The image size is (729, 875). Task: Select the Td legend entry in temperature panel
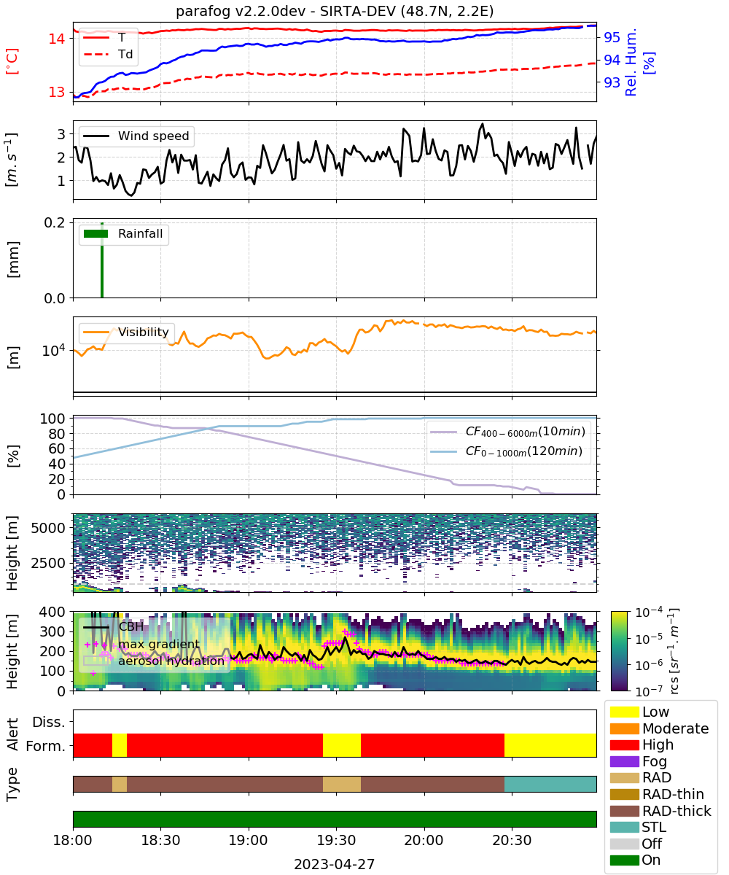108,55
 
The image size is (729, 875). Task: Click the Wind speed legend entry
136,136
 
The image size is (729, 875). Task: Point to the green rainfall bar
102,260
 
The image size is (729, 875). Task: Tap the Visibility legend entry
125,332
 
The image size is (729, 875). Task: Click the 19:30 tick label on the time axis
336,841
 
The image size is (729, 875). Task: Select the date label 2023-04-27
335,864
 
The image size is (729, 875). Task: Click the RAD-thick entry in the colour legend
660,811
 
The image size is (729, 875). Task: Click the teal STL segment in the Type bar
550,784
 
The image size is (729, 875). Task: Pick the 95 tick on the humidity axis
612,38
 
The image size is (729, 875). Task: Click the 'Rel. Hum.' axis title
631,62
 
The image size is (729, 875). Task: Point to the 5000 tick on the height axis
48,528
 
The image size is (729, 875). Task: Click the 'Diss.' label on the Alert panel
49,722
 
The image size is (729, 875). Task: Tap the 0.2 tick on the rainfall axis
55,222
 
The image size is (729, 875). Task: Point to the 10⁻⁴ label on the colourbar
649,612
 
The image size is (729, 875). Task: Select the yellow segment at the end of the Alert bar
550,745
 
